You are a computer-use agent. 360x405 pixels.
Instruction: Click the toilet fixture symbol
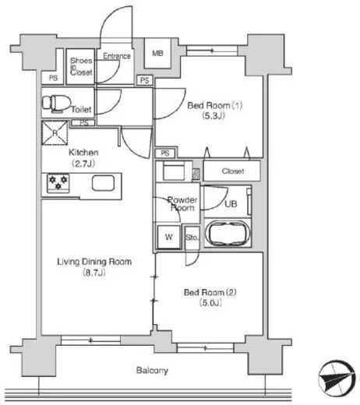pos(56,104)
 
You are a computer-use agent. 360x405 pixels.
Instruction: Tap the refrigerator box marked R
pos(55,133)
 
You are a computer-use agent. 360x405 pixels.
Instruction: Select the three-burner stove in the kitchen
pos(58,183)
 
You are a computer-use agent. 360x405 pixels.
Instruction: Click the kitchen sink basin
pos(103,183)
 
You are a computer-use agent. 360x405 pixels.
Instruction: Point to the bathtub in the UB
pos(228,233)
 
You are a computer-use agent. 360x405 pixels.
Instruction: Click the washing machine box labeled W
pos(169,237)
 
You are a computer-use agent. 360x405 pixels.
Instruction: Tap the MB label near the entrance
pos(157,53)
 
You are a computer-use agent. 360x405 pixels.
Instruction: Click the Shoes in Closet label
pos(81,66)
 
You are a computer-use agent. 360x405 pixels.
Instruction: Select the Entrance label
pos(117,56)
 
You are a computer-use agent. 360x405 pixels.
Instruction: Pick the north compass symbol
pos(337,378)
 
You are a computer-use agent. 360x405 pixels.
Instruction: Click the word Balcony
pos(152,371)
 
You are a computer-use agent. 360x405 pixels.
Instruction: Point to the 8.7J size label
pos(94,273)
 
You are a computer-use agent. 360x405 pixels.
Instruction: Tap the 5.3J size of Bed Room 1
pos(214,116)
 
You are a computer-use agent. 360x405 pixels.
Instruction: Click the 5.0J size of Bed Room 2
pos(210,303)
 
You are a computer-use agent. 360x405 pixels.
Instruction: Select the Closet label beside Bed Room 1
pos(233,171)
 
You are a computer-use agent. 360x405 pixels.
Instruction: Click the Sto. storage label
pos(192,238)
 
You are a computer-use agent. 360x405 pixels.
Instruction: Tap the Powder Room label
pos(182,204)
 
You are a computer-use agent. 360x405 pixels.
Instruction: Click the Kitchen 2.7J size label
pos(83,164)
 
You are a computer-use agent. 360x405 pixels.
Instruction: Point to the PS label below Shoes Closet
pos(53,78)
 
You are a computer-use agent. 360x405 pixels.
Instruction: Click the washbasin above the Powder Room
pos(174,171)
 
